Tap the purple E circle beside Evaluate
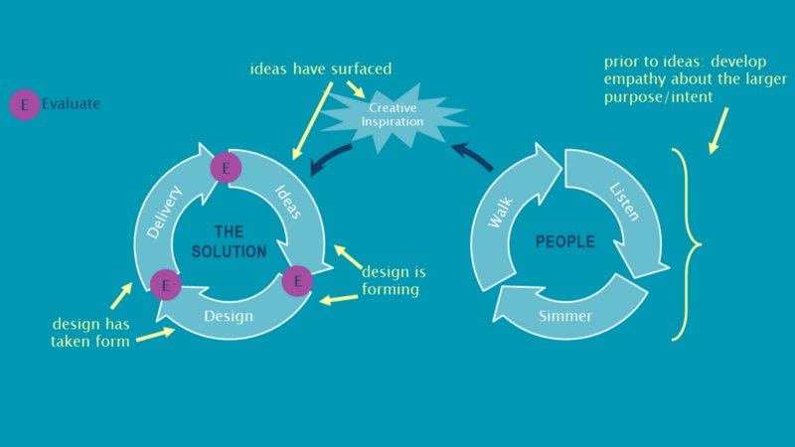pos(23,103)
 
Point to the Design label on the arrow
pos(228,317)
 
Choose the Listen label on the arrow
pos(624,202)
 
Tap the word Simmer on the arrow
pos(564,317)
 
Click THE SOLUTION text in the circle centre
pos(229,242)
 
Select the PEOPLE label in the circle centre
pos(564,241)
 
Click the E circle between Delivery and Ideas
pos(226,168)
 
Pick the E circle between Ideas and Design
pos(296,281)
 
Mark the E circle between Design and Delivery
pos(164,286)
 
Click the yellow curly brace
pos(685,243)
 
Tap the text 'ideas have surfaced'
pos(320,70)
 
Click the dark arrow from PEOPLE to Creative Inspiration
pos(472,157)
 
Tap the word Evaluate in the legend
pos(71,103)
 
